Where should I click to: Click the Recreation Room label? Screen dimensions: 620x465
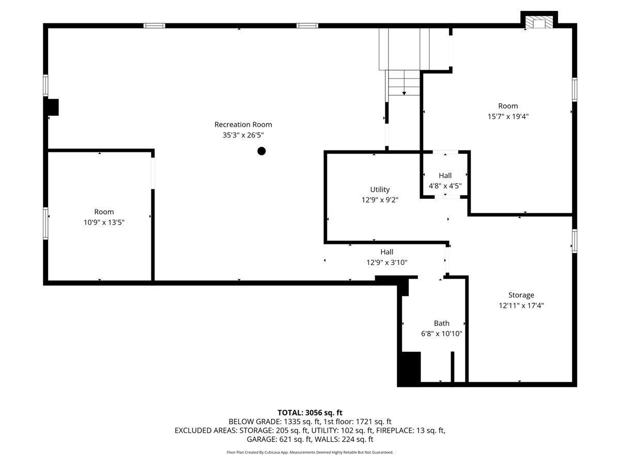tap(243, 125)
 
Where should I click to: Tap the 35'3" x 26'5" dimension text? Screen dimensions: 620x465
tap(243, 135)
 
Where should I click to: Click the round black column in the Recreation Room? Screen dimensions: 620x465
tap(261, 151)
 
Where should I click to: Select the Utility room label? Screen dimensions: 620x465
tap(380, 190)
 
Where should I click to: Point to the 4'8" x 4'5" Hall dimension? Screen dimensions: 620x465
tap(445, 186)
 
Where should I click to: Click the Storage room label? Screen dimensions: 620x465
tap(521, 295)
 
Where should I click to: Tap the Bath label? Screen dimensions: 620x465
tap(441, 323)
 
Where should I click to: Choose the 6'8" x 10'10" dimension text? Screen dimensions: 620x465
tap(441, 333)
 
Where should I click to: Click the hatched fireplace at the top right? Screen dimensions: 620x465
tap(539, 22)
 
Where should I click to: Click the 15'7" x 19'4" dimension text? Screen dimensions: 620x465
tap(508, 116)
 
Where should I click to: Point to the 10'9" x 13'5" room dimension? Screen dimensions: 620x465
tap(104, 222)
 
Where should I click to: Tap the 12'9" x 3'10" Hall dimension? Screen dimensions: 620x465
tap(386, 262)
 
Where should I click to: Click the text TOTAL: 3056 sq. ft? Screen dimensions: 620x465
tap(310, 412)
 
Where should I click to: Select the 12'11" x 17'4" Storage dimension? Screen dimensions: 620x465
tap(521, 305)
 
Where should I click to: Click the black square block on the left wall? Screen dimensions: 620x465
tap(53, 107)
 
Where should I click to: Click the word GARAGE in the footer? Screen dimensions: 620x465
tap(262, 439)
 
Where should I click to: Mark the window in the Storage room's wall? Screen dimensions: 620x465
tap(574, 241)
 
